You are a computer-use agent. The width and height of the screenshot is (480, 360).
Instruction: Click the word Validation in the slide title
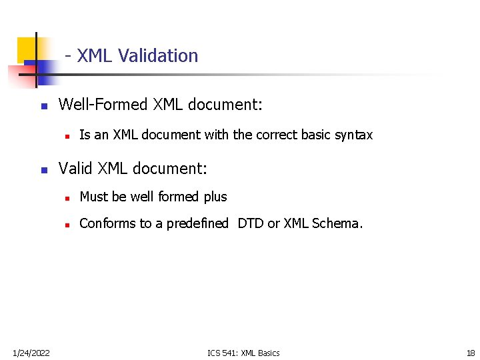point(158,56)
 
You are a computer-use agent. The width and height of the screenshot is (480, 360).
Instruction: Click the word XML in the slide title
point(95,56)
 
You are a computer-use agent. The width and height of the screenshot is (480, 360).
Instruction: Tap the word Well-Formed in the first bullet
point(103,105)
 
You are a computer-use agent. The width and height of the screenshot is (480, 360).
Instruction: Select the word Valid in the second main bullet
point(76,169)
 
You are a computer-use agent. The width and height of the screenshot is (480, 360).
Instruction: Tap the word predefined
point(197,223)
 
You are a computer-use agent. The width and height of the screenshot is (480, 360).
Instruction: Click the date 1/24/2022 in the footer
point(31,353)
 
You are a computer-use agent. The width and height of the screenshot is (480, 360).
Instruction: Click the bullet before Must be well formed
point(67,198)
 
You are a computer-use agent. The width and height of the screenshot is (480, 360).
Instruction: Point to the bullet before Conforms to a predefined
point(67,225)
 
